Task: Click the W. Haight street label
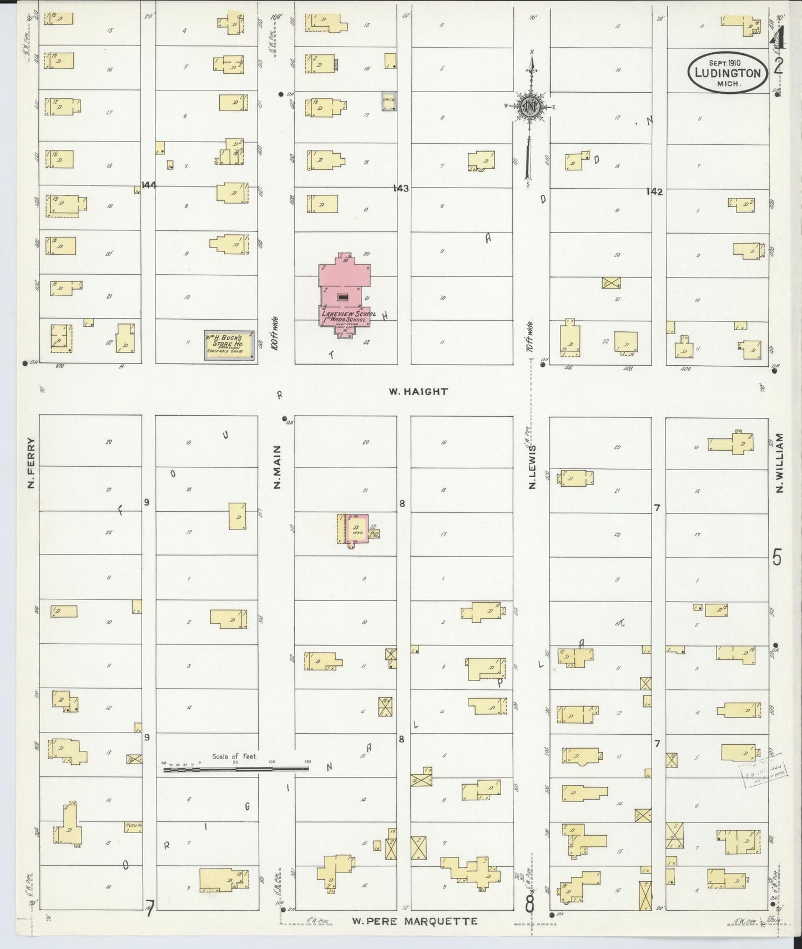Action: tap(425, 391)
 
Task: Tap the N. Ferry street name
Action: tap(31, 463)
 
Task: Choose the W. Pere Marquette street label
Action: tap(415, 921)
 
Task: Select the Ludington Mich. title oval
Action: tap(728, 73)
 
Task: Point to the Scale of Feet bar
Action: tap(235, 769)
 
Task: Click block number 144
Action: tap(148, 185)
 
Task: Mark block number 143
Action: tap(400, 189)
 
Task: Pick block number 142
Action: tap(654, 191)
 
